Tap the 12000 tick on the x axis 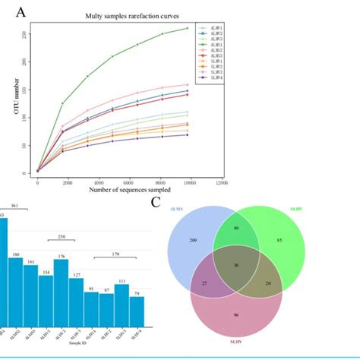coord(221,182)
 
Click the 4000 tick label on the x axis coord(98,182)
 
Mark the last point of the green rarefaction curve coord(188,28)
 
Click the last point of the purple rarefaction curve coord(188,135)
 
